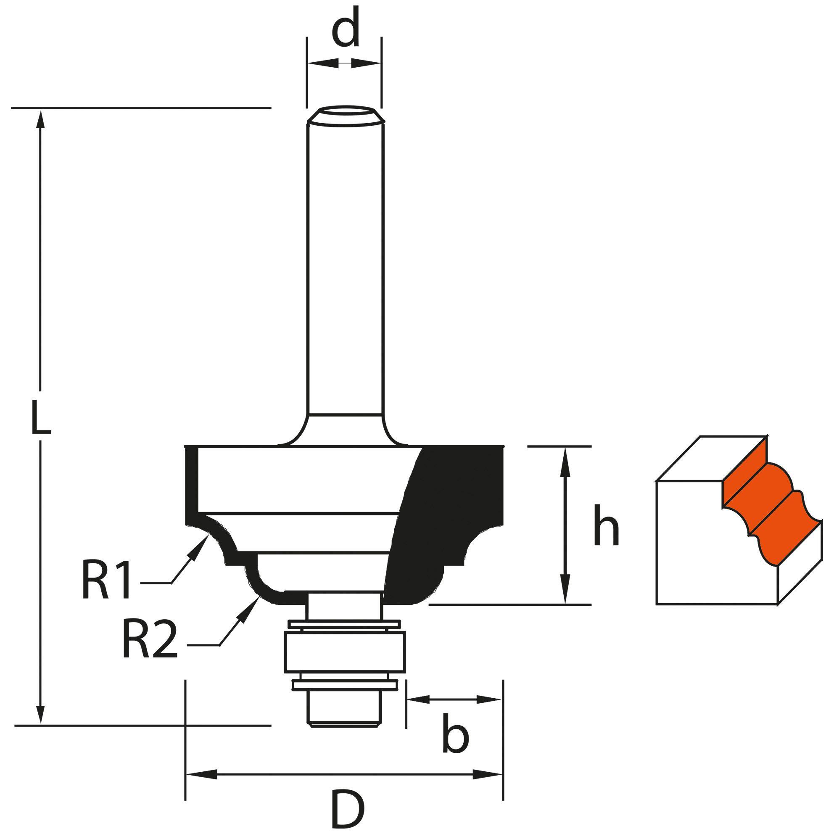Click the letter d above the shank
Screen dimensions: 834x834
[x=345, y=32]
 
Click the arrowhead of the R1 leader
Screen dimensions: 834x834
[x=203, y=542]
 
